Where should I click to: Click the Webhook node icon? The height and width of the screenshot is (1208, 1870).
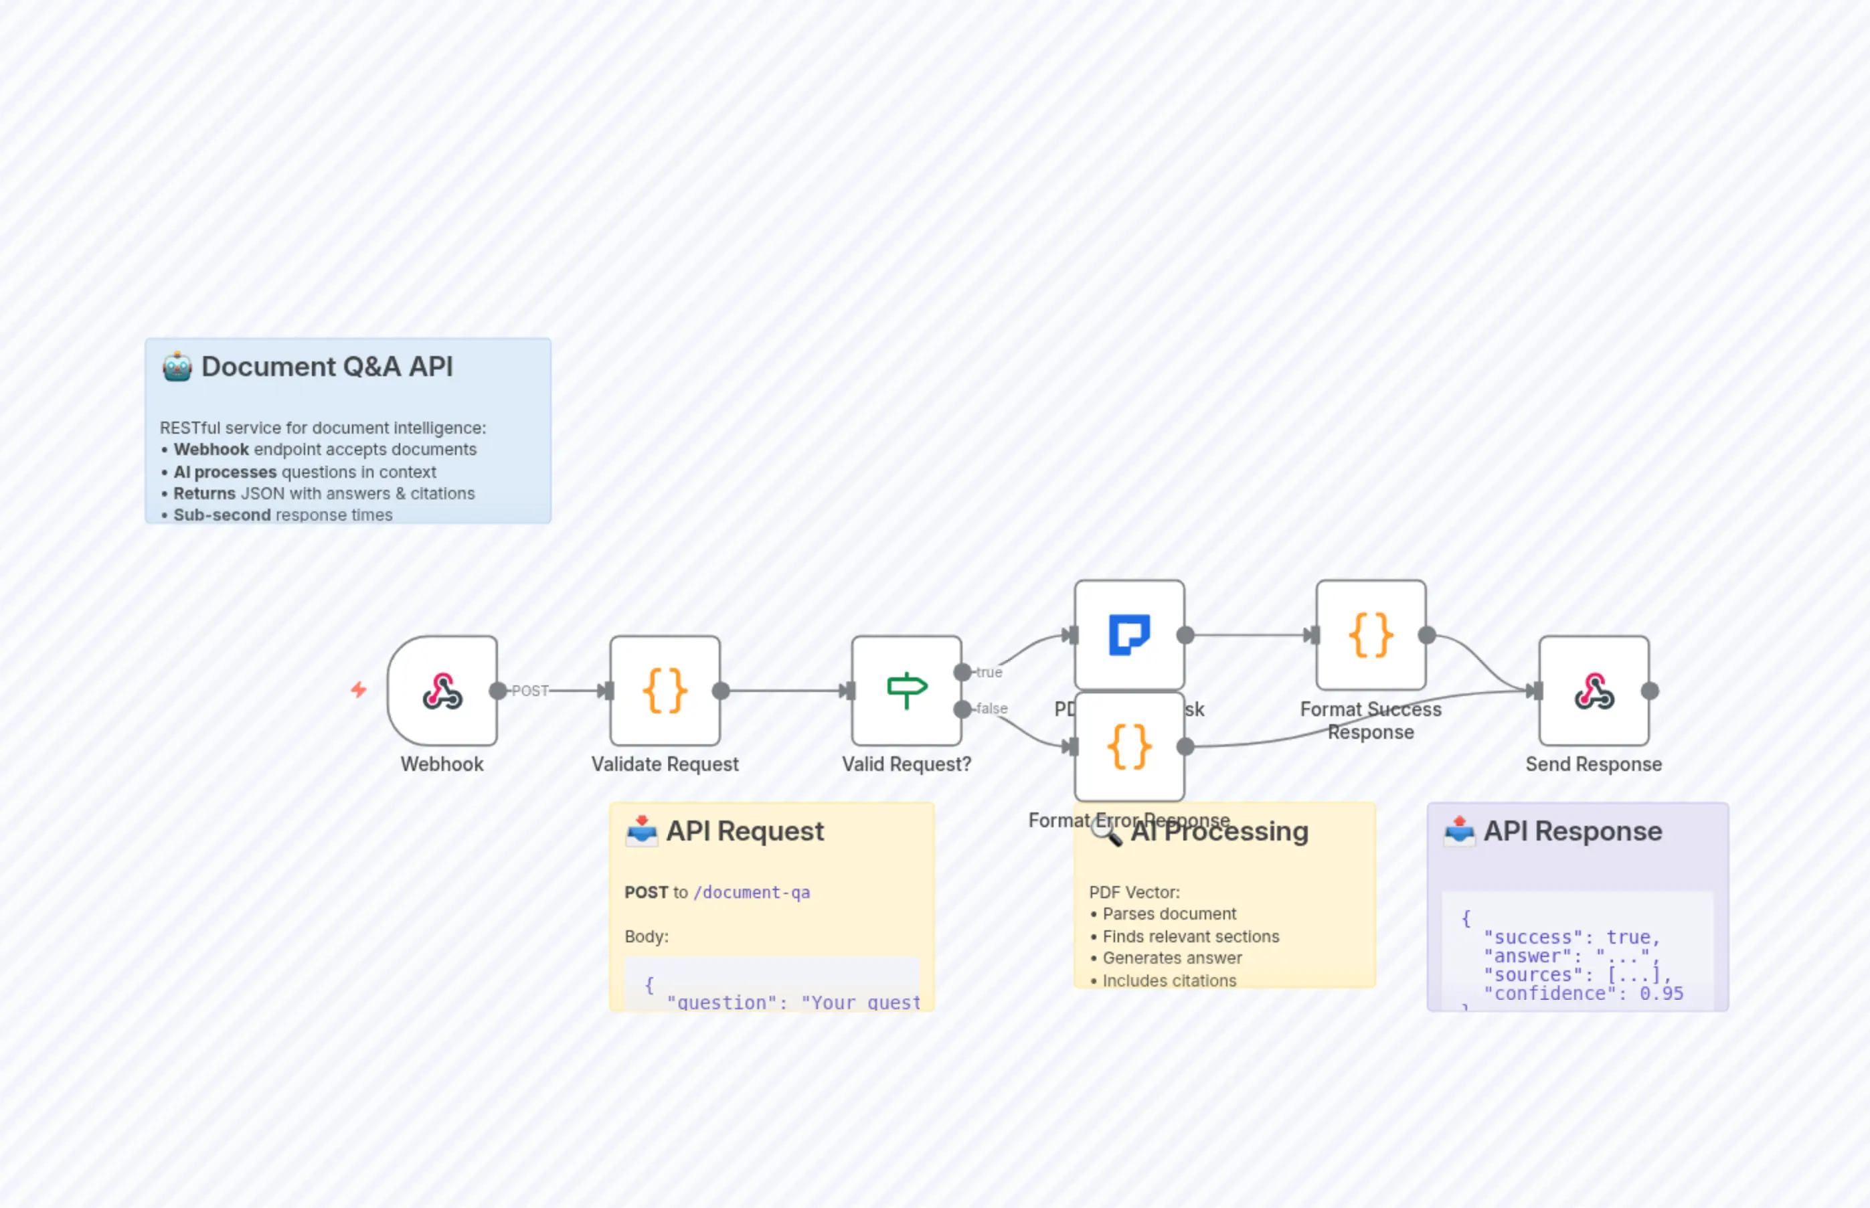pyautogui.click(x=442, y=691)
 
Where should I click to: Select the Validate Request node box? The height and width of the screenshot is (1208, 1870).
pyautogui.click(x=665, y=691)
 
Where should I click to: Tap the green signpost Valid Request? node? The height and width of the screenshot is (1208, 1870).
pyautogui.click(x=906, y=691)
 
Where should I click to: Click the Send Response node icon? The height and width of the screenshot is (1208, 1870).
pyautogui.click(x=1593, y=691)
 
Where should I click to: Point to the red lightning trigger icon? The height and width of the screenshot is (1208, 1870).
pyautogui.click(x=359, y=689)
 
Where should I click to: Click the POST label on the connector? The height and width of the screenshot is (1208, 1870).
pyautogui.click(x=530, y=691)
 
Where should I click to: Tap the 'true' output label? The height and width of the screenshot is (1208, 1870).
pyautogui.click(x=989, y=672)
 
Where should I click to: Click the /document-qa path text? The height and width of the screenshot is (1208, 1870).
pyautogui.click(x=752, y=892)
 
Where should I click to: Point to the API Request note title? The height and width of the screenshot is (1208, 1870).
pyautogui.click(x=744, y=831)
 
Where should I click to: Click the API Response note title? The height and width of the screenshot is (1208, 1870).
pyautogui.click(x=1572, y=831)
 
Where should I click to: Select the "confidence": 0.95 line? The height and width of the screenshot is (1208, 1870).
pyautogui.click(x=1583, y=993)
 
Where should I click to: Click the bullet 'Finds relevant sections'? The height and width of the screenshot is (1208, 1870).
pyautogui.click(x=1190, y=936)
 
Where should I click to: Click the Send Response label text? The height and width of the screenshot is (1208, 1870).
pyautogui.click(x=1593, y=764)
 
